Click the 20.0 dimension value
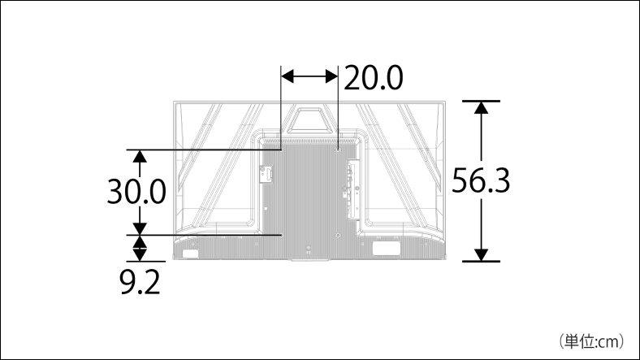click(374, 77)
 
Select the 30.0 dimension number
click(136, 192)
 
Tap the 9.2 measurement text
click(140, 282)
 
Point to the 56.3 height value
click(481, 181)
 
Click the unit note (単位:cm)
click(591, 341)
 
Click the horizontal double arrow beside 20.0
click(309, 76)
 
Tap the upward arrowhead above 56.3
click(482, 107)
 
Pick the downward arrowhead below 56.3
click(482, 254)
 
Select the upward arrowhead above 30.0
click(140, 157)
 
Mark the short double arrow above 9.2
click(140, 248)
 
